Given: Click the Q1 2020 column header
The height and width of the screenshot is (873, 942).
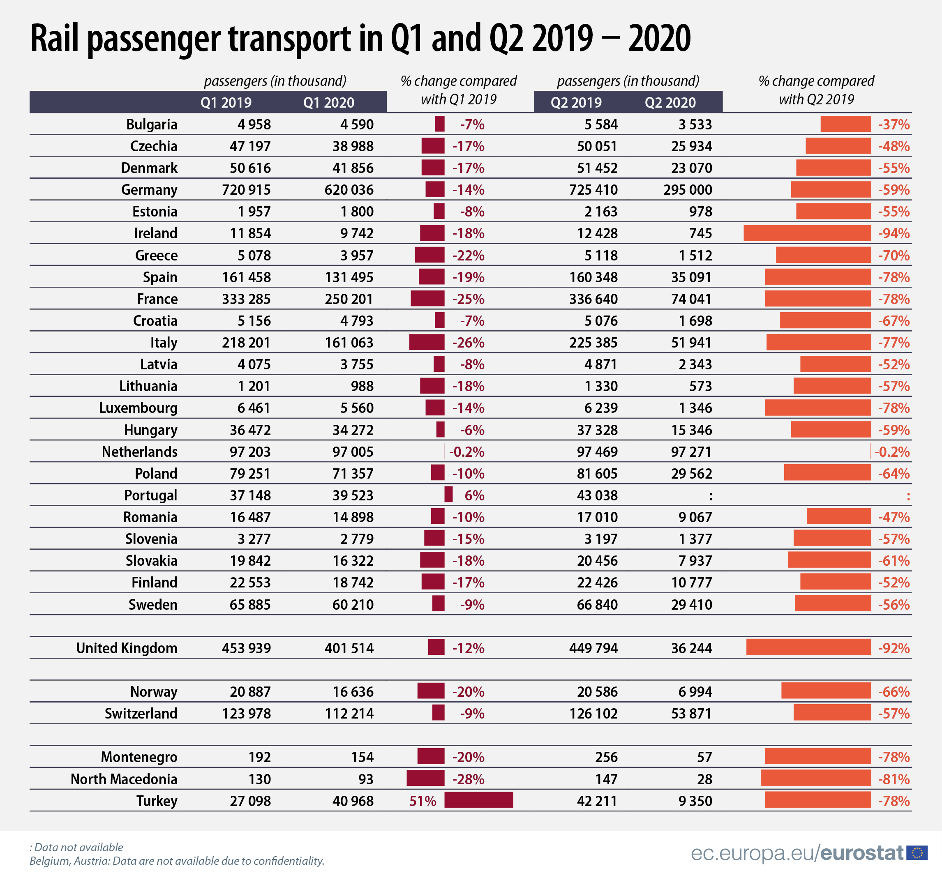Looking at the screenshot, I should [328, 103].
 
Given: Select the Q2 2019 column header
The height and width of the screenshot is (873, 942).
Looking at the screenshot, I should [576, 103].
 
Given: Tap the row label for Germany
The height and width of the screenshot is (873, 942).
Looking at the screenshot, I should [149, 190].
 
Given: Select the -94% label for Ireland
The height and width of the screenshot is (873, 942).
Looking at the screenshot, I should [894, 233].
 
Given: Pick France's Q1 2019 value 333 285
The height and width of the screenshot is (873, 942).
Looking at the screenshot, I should [246, 299].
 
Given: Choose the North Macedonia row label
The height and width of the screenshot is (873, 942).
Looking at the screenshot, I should [124, 779].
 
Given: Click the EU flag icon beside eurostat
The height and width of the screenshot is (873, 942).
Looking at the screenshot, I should [917, 853].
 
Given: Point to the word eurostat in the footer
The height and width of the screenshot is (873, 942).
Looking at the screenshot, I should [861, 853].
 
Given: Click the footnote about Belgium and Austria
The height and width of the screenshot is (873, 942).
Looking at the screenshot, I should [177, 861].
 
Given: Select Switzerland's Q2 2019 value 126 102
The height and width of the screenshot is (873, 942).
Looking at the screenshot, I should [593, 713].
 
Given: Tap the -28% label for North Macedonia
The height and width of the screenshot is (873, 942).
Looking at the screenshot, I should [468, 779].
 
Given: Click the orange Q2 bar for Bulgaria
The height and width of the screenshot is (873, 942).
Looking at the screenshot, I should [845, 124].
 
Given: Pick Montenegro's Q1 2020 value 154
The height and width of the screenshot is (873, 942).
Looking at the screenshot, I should [362, 757].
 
